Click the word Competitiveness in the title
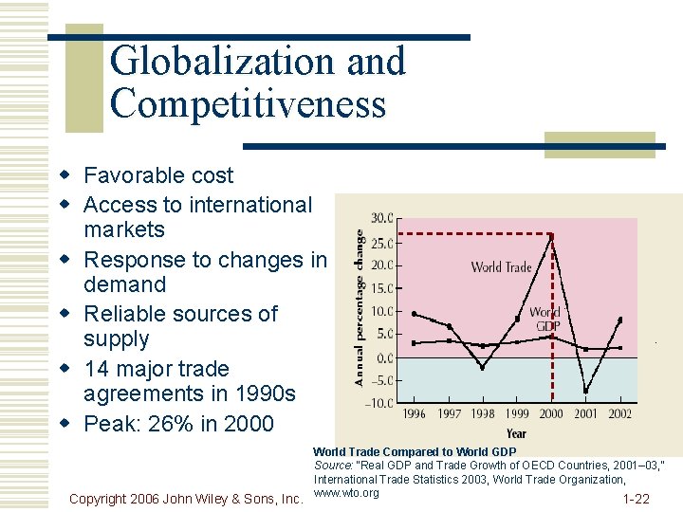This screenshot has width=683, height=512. coord(248,102)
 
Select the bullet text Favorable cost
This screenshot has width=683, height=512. coord(157,175)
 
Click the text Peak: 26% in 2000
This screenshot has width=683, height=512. coord(178,424)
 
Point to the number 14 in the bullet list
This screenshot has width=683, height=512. coord(97,369)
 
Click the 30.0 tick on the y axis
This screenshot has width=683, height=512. coord(381,219)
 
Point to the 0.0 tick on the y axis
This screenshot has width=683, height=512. coord(384,358)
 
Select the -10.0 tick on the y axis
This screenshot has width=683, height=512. coord(379,404)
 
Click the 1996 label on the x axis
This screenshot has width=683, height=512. coord(414,414)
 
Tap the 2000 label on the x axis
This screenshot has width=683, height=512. coord(551,414)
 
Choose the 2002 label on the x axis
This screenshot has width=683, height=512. coord(619,414)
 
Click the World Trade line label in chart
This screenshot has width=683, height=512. coord(501,267)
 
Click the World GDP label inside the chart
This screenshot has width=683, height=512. coord(545,319)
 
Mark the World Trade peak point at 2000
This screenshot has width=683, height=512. coord(552,235)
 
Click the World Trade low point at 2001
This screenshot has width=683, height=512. coord(585,391)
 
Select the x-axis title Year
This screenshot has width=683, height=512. coord(516,433)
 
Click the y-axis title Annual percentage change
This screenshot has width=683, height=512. coord(360,305)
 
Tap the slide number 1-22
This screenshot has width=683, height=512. coord(636,499)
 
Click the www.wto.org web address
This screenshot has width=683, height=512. coord(346,492)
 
